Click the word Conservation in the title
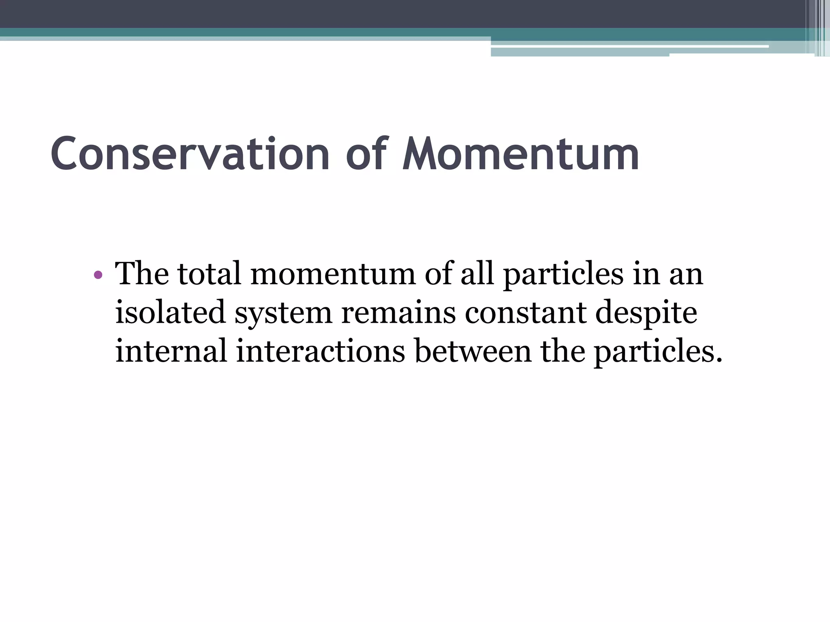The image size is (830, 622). tap(190, 154)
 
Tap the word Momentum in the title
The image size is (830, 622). tap(521, 154)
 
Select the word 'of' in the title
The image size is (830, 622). tap(367, 154)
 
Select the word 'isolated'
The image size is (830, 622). tap(170, 312)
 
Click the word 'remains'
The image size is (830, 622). tap(398, 312)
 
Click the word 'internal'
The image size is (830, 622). tap(171, 351)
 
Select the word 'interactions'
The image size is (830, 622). tap(321, 351)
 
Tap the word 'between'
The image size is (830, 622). tap(473, 351)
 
